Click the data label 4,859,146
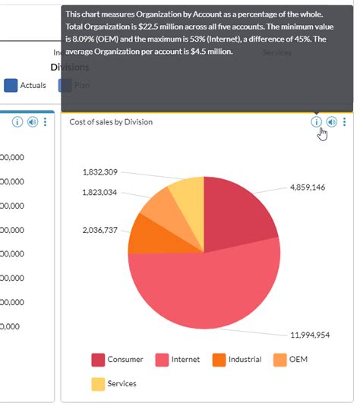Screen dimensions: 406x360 point(308,187)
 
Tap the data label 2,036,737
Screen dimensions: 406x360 point(99,229)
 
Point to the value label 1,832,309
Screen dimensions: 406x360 point(99,172)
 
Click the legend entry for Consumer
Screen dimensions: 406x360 point(125,360)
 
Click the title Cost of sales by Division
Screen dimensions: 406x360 point(110,121)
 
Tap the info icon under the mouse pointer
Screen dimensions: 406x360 point(316,121)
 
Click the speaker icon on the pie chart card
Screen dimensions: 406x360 point(331,121)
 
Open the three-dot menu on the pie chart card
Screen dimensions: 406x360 point(345,121)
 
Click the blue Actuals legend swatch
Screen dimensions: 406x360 point(11,86)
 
